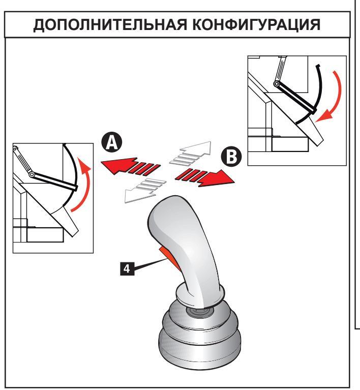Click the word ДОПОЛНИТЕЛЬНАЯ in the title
(105, 26)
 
